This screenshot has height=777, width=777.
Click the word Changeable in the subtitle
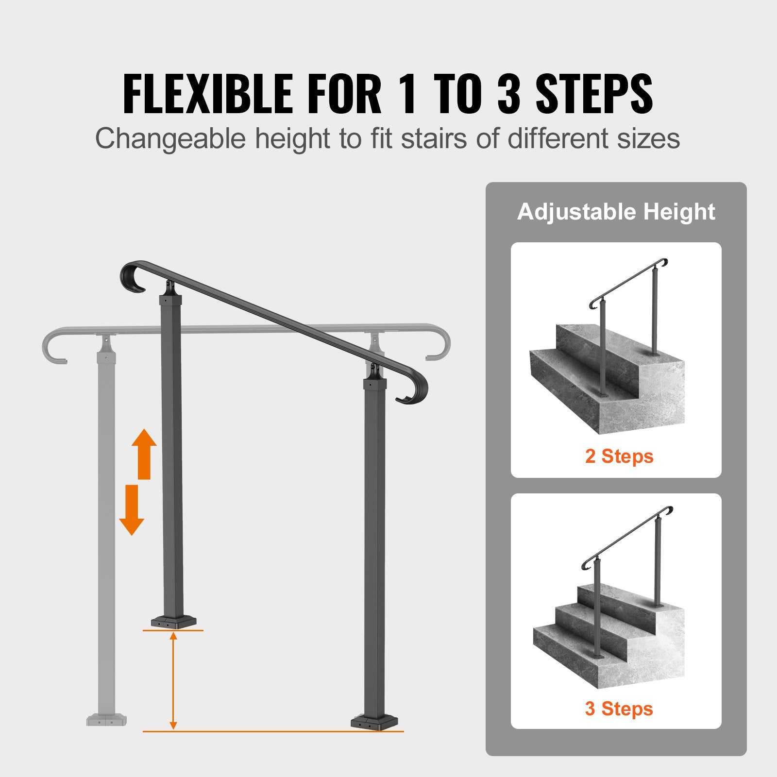[170, 139]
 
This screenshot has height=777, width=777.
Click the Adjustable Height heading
[616, 212]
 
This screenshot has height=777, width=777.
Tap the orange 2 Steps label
[619, 456]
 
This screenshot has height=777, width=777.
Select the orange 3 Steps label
[619, 709]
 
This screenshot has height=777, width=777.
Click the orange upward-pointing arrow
[144, 454]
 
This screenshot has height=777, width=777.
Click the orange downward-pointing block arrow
[132, 510]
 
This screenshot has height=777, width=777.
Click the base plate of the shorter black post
[173, 622]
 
